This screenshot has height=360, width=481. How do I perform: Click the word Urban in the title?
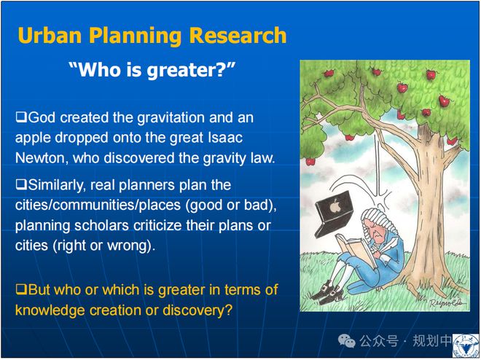point(50,35)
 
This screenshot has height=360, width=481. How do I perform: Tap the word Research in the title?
point(238,35)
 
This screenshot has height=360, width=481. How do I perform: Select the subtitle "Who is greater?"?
point(152,71)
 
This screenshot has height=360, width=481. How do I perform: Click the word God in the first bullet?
point(42,117)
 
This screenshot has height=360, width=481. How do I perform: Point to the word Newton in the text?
point(42,158)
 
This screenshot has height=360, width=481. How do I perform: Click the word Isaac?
point(225,138)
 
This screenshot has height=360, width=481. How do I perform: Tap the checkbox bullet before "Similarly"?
point(21,184)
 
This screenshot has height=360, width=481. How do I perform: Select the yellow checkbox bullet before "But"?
point(21,289)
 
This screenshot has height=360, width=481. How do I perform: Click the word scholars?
point(101,225)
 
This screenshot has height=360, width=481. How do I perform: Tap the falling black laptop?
point(334,214)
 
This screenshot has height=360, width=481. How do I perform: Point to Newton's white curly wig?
point(380,219)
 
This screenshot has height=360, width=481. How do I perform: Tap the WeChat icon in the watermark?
point(347,341)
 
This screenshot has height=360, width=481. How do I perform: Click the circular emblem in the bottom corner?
point(466,346)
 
